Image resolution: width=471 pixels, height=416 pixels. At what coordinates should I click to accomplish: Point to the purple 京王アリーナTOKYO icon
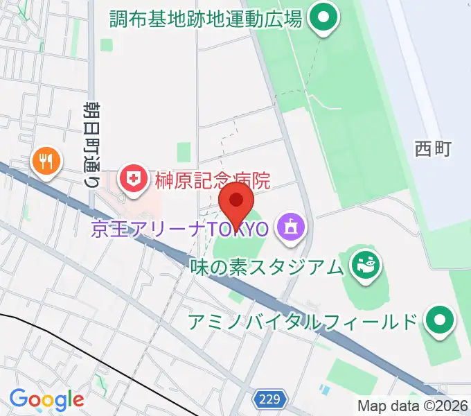(290, 227)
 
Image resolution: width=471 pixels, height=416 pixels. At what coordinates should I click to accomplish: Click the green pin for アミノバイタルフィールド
(439, 321)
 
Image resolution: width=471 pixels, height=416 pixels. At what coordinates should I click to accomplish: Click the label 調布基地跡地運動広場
(206, 19)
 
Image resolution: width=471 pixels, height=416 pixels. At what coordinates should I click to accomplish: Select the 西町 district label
(433, 148)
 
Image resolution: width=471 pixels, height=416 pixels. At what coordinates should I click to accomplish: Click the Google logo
(46, 399)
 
